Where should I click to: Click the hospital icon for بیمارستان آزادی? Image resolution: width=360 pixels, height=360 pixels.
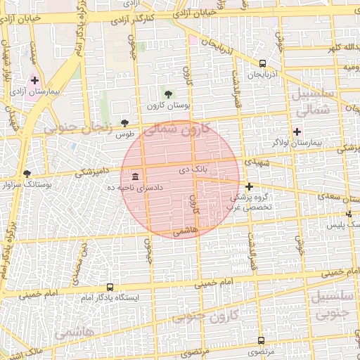click(x=34, y=81)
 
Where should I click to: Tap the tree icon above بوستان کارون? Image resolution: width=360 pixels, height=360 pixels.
click(x=167, y=94)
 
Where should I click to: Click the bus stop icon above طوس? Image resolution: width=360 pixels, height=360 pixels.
click(x=125, y=122)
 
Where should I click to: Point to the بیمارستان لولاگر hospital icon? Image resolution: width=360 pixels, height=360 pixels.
click(x=297, y=131)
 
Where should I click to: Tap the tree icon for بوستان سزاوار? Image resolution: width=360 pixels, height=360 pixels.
click(x=27, y=173)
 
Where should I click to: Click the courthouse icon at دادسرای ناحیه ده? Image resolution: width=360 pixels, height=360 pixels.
click(x=134, y=176)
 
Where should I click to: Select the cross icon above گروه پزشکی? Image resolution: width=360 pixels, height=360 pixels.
click(x=249, y=186)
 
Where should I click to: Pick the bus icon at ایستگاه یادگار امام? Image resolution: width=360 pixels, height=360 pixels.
click(x=109, y=287)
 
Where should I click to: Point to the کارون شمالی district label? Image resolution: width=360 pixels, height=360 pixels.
click(x=176, y=129)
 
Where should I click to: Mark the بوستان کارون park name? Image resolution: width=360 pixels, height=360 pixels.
click(x=164, y=105)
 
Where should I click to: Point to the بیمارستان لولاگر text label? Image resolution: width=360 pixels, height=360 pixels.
click(x=319, y=143)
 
